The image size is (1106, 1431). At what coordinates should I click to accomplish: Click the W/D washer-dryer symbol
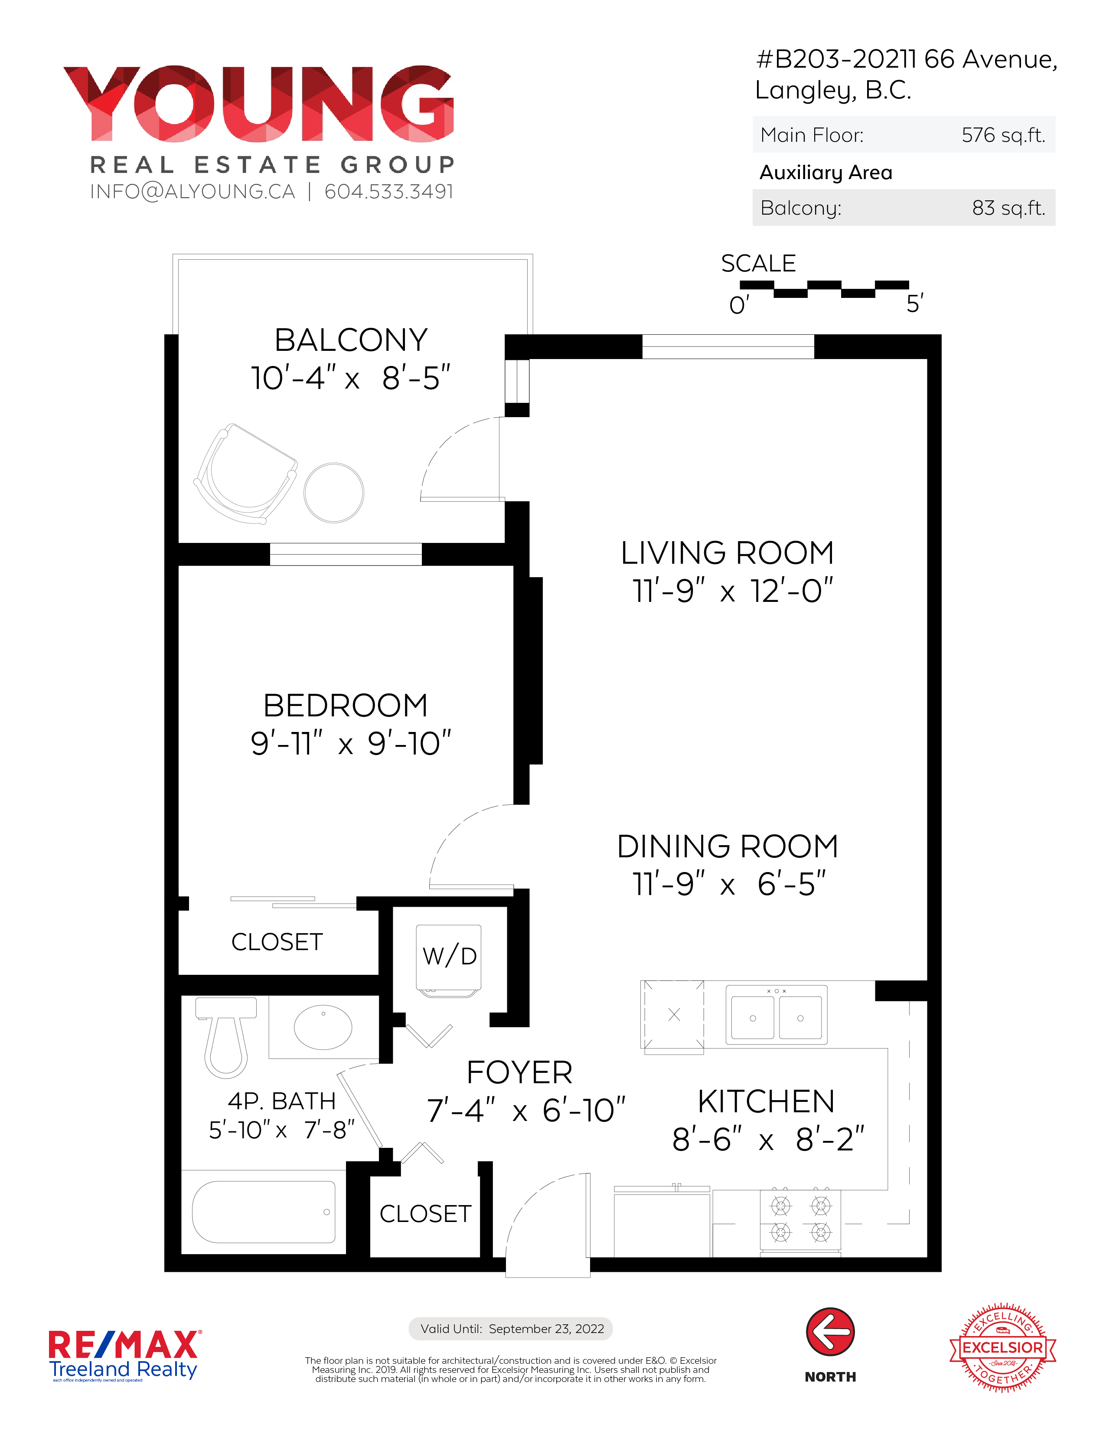(x=449, y=961)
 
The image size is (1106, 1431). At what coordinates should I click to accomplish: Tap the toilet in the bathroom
(x=226, y=1036)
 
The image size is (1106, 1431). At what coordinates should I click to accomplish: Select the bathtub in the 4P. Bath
(x=264, y=1212)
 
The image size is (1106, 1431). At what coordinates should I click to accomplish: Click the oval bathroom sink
(x=323, y=1027)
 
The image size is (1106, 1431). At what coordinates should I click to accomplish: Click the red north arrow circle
(x=830, y=1331)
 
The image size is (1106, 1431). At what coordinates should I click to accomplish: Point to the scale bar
(x=824, y=289)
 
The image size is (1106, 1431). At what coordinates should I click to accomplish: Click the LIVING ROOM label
(x=727, y=552)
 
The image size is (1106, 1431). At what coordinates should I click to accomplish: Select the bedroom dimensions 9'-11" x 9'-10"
(x=351, y=743)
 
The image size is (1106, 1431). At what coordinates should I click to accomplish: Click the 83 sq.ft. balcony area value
(x=1008, y=208)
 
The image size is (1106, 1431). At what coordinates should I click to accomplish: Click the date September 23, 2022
(x=546, y=1329)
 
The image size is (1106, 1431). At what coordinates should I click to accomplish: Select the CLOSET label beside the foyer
(x=425, y=1213)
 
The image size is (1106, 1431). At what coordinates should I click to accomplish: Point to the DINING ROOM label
(x=727, y=846)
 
